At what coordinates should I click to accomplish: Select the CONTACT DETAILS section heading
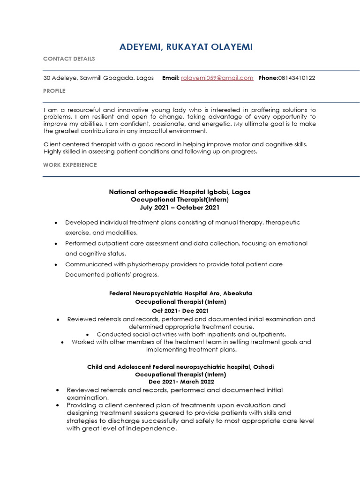coord(69,59)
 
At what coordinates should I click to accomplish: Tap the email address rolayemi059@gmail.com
coord(217,78)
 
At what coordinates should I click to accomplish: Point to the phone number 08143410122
coord(297,78)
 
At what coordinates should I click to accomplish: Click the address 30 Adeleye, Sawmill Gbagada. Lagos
coord(98,78)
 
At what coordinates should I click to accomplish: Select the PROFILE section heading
coord(54,90)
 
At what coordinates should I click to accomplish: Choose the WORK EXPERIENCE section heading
coord(70,165)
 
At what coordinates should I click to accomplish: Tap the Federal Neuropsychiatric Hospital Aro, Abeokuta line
coord(180,293)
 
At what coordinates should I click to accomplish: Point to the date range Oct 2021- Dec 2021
coord(180,310)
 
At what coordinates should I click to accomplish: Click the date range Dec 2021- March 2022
coord(180,382)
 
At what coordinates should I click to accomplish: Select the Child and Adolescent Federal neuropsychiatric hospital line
coord(180,367)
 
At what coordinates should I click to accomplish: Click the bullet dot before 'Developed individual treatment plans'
coord(56,223)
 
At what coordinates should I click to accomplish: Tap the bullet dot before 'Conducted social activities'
coord(88,335)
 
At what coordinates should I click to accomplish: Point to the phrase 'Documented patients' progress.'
coord(112,275)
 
